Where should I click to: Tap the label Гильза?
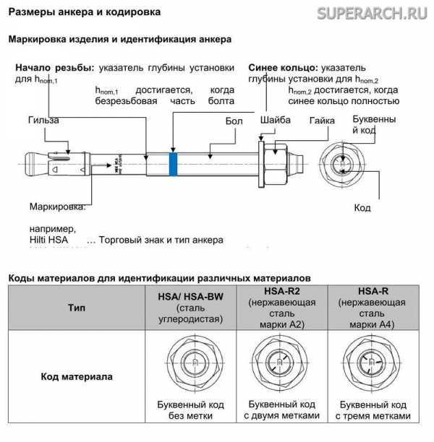43,120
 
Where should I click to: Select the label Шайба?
275,121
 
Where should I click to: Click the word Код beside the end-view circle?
362,208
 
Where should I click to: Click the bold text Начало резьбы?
54,67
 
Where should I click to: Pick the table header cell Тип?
76,307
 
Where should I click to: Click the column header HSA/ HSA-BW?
190,296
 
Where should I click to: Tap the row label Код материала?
76,376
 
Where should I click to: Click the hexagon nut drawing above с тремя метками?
372,364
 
